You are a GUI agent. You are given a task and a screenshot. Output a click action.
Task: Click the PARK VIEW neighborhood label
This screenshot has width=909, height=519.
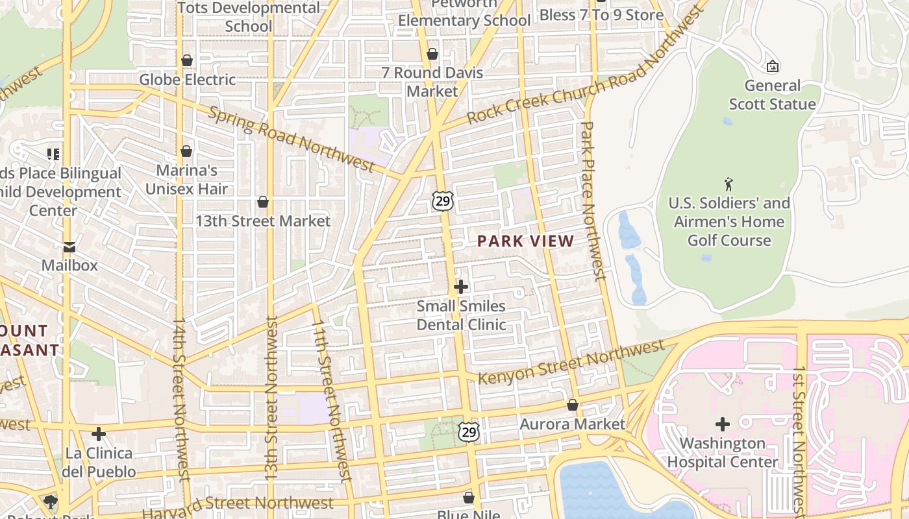coord(525,241)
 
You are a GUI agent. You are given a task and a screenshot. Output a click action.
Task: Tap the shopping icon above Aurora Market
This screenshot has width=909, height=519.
coord(572,405)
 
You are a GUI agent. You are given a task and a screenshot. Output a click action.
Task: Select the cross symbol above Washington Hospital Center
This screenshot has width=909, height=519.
coord(722,424)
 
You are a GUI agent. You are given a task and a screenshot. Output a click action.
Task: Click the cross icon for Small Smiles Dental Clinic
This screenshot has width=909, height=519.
coord(460,286)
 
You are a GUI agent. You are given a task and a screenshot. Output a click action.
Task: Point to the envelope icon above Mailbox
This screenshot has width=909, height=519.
coord(69,247)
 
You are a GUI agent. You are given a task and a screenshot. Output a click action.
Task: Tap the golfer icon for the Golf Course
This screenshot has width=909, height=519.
coord(729,184)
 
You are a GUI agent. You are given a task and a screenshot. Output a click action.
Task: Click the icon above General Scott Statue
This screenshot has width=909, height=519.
coord(773,66)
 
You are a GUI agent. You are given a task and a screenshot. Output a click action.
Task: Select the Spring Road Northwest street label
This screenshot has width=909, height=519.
coord(291,139)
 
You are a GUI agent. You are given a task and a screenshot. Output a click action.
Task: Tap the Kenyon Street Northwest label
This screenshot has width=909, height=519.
coord(571,362)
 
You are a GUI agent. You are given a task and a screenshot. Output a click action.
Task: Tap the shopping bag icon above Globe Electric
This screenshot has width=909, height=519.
coord(187,61)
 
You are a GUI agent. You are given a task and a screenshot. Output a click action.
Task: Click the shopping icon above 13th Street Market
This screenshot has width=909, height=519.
coord(263,202)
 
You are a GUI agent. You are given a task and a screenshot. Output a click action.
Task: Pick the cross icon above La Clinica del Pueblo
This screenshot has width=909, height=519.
coord(99,433)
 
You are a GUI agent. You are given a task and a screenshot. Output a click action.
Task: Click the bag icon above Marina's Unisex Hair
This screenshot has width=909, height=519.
coord(186,152)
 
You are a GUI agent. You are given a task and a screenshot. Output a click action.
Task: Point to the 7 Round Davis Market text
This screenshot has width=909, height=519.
coord(432,82)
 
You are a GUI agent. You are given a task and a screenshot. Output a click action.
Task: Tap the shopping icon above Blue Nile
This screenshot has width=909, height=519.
coord(469,498)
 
